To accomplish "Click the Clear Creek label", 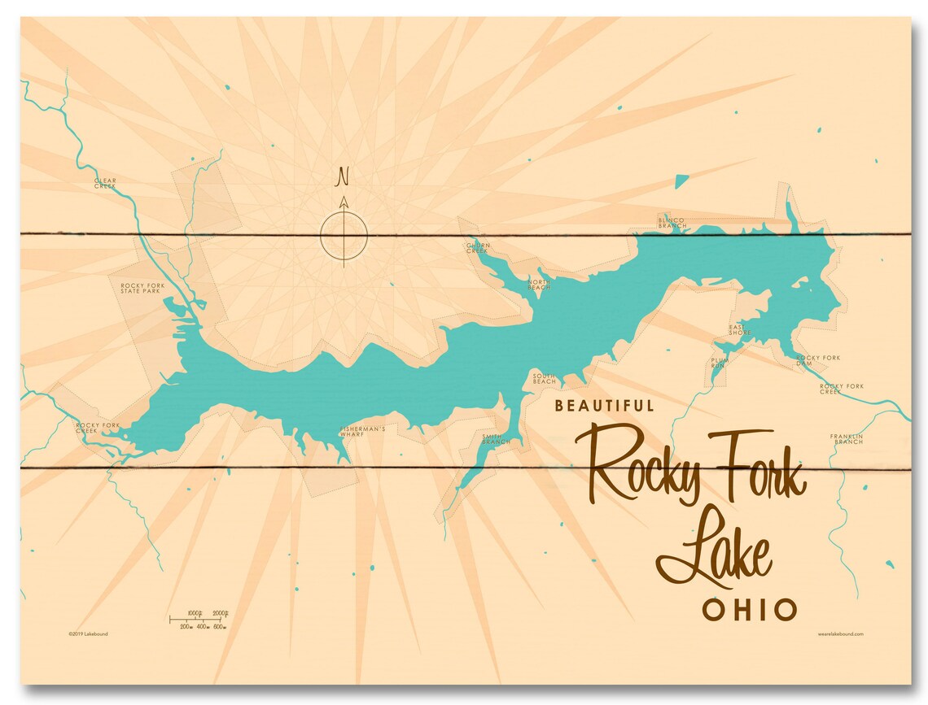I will click(x=106, y=183).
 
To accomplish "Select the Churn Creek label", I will click(x=477, y=247).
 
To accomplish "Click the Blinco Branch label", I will click(x=672, y=222).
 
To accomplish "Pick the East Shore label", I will click(x=740, y=329).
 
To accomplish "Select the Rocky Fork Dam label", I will click(x=818, y=360).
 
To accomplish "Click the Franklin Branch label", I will click(x=847, y=439).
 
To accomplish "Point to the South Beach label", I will click(x=545, y=378).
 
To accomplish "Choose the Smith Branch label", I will click(x=496, y=439).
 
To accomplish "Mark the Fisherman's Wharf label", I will click(x=362, y=431).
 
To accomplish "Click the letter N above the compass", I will click(x=344, y=175).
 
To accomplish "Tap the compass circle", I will click(x=344, y=237).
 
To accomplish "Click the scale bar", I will click(x=198, y=620).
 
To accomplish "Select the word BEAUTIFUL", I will click(x=603, y=405).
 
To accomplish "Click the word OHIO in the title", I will click(x=750, y=609).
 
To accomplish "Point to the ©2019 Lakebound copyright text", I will click(x=89, y=633).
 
